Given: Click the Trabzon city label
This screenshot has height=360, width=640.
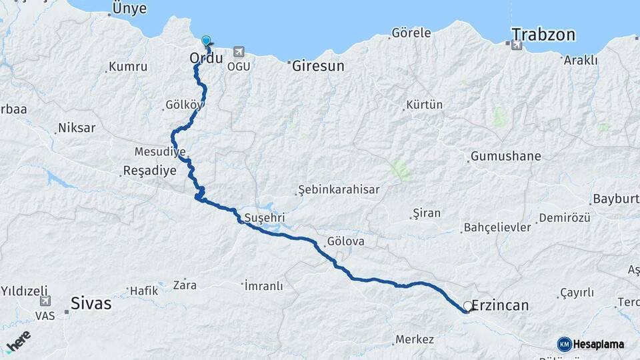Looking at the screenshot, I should (x=543, y=35).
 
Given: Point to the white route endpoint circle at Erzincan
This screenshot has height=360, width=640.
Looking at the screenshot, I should (x=468, y=306).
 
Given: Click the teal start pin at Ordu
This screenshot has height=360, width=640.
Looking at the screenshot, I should (x=206, y=41).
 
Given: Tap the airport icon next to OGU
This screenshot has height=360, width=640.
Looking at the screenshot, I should (x=239, y=52).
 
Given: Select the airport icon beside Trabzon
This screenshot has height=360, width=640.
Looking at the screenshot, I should (x=516, y=45).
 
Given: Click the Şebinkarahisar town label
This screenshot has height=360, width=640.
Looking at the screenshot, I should (x=339, y=189).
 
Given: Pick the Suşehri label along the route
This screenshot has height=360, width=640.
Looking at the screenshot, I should (x=265, y=218).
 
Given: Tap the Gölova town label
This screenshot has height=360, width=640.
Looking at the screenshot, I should (x=346, y=241).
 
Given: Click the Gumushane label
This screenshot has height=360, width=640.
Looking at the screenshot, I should (x=505, y=157).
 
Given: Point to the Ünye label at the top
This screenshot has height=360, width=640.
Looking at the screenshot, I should (x=129, y=8).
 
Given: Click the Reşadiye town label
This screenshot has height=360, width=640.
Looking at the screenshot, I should (x=150, y=171).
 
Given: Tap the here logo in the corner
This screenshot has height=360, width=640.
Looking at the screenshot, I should (x=19, y=341).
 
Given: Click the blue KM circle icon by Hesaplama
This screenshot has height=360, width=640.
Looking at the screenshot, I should (x=564, y=344).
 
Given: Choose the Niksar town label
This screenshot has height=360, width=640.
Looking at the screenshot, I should (x=77, y=128).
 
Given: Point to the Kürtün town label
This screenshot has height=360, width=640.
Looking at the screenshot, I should (x=424, y=105).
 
